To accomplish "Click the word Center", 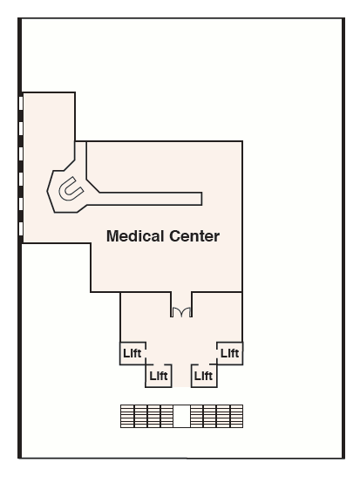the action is tap(194, 236).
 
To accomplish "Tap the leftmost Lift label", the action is tap(132, 353).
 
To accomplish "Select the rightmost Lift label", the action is tap(230, 353).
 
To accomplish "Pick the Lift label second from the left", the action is tap(159, 376).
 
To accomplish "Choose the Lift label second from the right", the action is tap(203, 376).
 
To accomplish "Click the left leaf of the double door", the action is tap(177, 312).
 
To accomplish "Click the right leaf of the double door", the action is tap(187, 312).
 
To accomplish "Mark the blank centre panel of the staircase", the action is tap(181, 416).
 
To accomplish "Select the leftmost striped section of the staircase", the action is tap(127, 416).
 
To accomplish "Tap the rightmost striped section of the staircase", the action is tap(236, 416).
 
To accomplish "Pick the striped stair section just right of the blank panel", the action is tap(196, 416).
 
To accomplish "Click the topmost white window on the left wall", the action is tap(21, 103).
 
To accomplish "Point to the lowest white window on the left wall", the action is tap(21, 229).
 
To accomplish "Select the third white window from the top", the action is tap(21, 153).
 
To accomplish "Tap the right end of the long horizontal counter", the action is tap(201, 199).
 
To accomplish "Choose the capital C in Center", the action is tap(175, 236).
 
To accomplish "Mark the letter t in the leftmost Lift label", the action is tap(139, 353).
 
